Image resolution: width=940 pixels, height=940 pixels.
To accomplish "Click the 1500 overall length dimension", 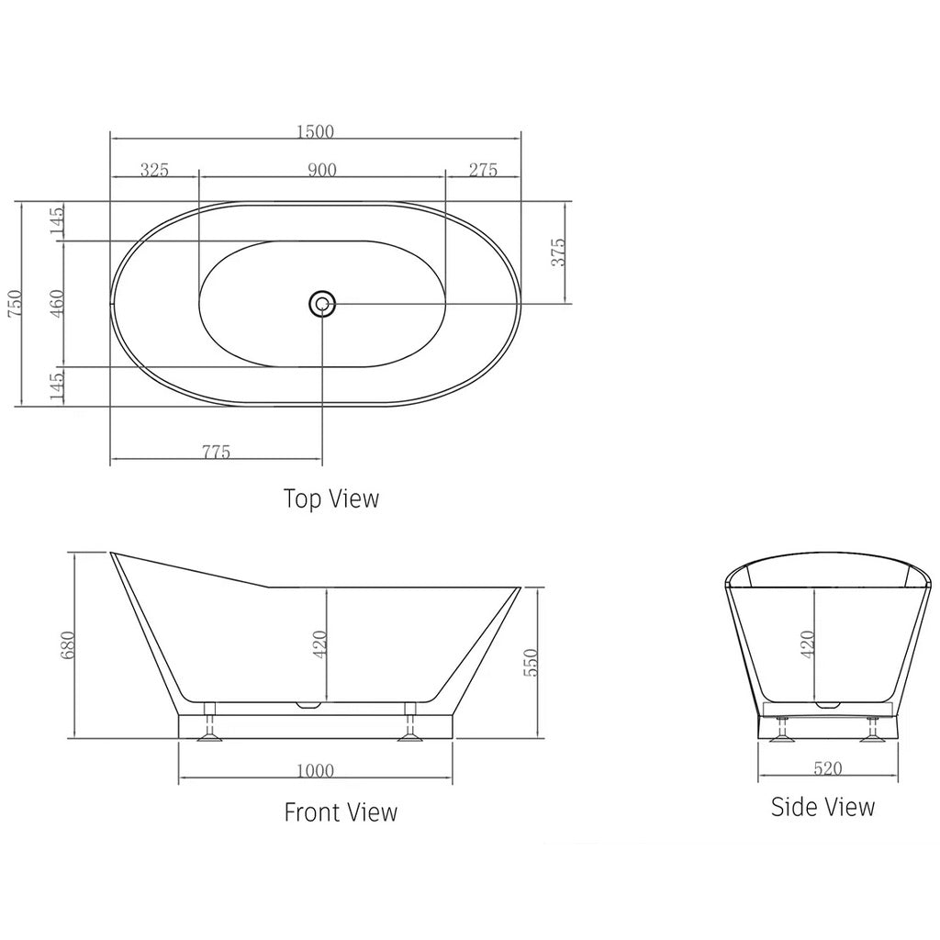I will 315,131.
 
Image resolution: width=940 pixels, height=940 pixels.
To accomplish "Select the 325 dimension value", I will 154,170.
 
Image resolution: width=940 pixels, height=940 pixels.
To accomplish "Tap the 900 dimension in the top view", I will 322,170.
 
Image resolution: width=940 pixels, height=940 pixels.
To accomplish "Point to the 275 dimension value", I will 482,170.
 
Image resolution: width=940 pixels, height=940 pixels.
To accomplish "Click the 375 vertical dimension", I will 557,252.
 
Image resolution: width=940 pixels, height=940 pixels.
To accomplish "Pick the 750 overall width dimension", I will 14,304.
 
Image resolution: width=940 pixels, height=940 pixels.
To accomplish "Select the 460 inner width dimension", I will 57,304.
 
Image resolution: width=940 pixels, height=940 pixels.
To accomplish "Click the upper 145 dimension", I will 57,221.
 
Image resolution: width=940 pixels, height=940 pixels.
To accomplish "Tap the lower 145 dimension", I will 57,386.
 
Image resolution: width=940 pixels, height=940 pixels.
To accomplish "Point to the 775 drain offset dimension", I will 217,452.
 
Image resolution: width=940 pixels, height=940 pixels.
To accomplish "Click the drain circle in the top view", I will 322,303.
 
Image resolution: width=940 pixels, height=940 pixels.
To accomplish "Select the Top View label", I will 330,498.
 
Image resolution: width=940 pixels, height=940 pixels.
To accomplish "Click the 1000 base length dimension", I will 316,771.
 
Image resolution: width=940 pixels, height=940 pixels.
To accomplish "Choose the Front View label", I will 341,812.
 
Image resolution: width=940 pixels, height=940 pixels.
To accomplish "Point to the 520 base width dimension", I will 827,769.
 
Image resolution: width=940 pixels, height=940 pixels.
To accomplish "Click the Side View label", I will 822,807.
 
